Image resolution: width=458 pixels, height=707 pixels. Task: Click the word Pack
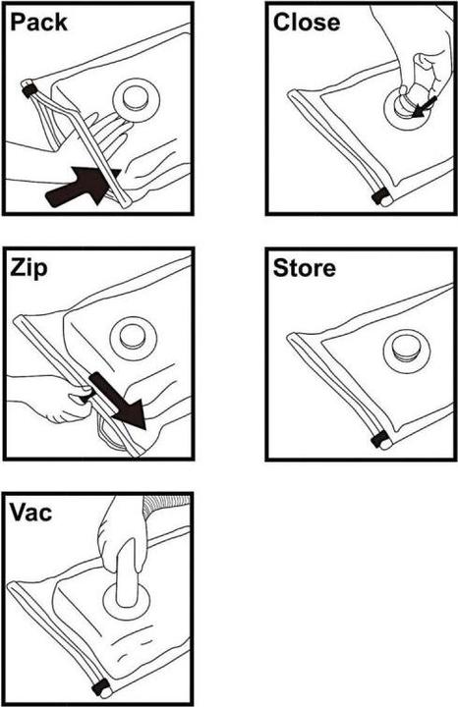coord(38,23)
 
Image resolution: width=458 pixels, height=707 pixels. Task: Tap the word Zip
coord(29,269)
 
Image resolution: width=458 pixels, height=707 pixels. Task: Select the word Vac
coord(30,513)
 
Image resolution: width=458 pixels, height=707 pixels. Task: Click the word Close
coord(307,22)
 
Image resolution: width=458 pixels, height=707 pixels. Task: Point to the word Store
coord(305,268)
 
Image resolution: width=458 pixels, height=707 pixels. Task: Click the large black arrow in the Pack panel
coord(82,186)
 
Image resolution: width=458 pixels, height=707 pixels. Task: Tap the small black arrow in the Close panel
coord(425,106)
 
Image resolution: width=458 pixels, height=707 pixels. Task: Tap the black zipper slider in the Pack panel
coord(29,91)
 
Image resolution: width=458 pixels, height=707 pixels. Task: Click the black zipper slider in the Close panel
coord(379,197)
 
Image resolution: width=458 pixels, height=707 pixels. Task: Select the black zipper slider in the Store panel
coord(380,439)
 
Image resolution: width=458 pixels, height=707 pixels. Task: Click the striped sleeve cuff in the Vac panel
coord(165,506)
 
